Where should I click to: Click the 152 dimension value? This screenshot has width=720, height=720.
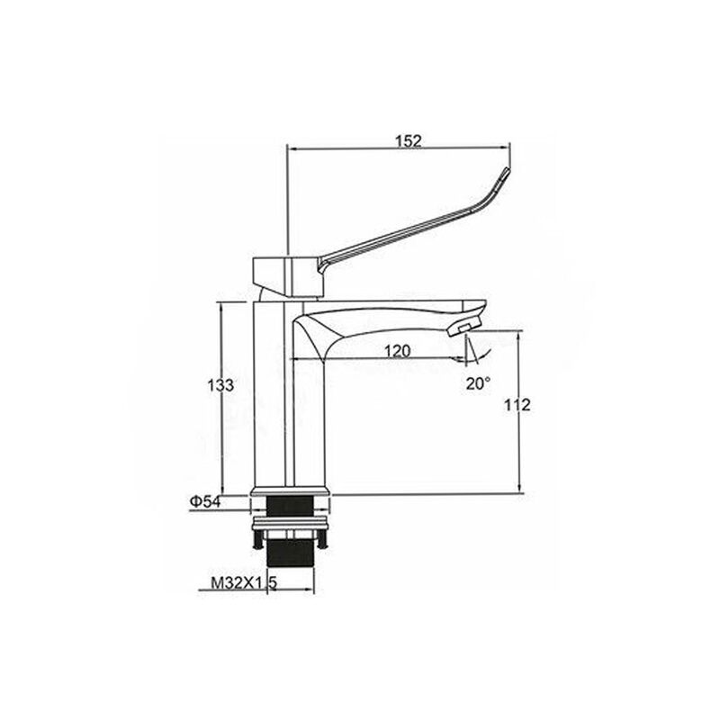tap(409, 141)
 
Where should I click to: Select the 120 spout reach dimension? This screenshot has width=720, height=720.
tap(397, 351)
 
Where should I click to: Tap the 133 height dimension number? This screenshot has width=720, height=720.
tap(220, 385)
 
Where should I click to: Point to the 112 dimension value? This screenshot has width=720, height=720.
tap(517, 405)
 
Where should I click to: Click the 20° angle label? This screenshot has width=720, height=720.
tap(479, 383)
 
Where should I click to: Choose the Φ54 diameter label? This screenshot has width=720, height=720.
tap(205, 502)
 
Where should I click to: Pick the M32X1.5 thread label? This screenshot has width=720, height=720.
tap(244, 582)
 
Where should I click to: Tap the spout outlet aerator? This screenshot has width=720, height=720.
tap(463, 328)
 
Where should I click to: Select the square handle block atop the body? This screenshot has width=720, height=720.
tap(288, 277)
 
